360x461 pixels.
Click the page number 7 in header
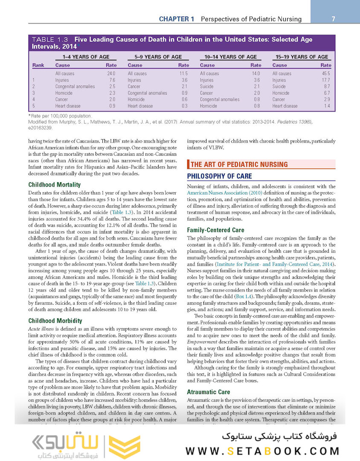[x=334, y=19]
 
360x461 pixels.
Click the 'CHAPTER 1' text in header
[x=177, y=19]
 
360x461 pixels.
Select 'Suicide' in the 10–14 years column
[x=207, y=86]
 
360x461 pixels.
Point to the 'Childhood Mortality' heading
[x=54, y=185]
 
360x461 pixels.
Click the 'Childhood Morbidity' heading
[x=55, y=321]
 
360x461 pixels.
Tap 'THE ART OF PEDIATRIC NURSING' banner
[x=239, y=164]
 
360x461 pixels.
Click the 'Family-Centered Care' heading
[x=215, y=230]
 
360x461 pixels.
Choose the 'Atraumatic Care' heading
[x=208, y=392]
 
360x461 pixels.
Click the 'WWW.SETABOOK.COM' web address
[x=263, y=451]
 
